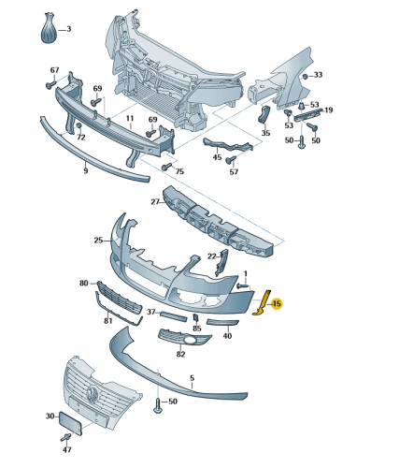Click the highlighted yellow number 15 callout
[x=277, y=303]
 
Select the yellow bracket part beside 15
[x=263, y=303]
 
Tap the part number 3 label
[x=69, y=29]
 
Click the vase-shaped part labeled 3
[x=50, y=28]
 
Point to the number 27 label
[x=155, y=202]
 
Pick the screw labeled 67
[x=50, y=84]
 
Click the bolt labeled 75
[x=166, y=167]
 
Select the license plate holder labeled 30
[x=70, y=423]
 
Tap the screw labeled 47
[x=65, y=437]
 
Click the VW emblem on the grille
[x=92, y=393]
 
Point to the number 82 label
[x=180, y=354]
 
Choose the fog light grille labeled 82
[x=184, y=338]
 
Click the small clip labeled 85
[x=196, y=317]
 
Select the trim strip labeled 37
[x=174, y=315]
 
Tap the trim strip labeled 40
[x=222, y=323]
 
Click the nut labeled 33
[x=306, y=76]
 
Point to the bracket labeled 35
[x=264, y=115]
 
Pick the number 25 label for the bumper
[x=98, y=241]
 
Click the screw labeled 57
[x=231, y=160]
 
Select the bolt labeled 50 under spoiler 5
[x=158, y=405]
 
